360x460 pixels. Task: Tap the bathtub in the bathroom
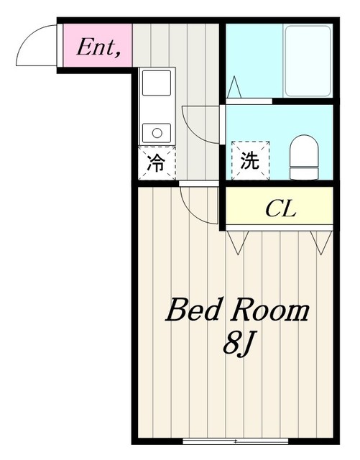(x=307, y=61)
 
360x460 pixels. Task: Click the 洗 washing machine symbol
(x=249, y=161)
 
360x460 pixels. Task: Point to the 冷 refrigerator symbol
(x=156, y=162)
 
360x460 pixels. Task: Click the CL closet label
(x=280, y=210)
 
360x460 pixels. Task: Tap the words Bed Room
(x=237, y=310)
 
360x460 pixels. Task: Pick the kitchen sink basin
(x=156, y=83)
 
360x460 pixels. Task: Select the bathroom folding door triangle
(x=234, y=88)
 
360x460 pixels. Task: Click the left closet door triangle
(x=236, y=242)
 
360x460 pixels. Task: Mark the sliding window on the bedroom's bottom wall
(x=231, y=440)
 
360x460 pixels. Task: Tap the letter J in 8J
(x=246, y=341)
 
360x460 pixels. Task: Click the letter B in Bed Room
(x=178, y=310)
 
